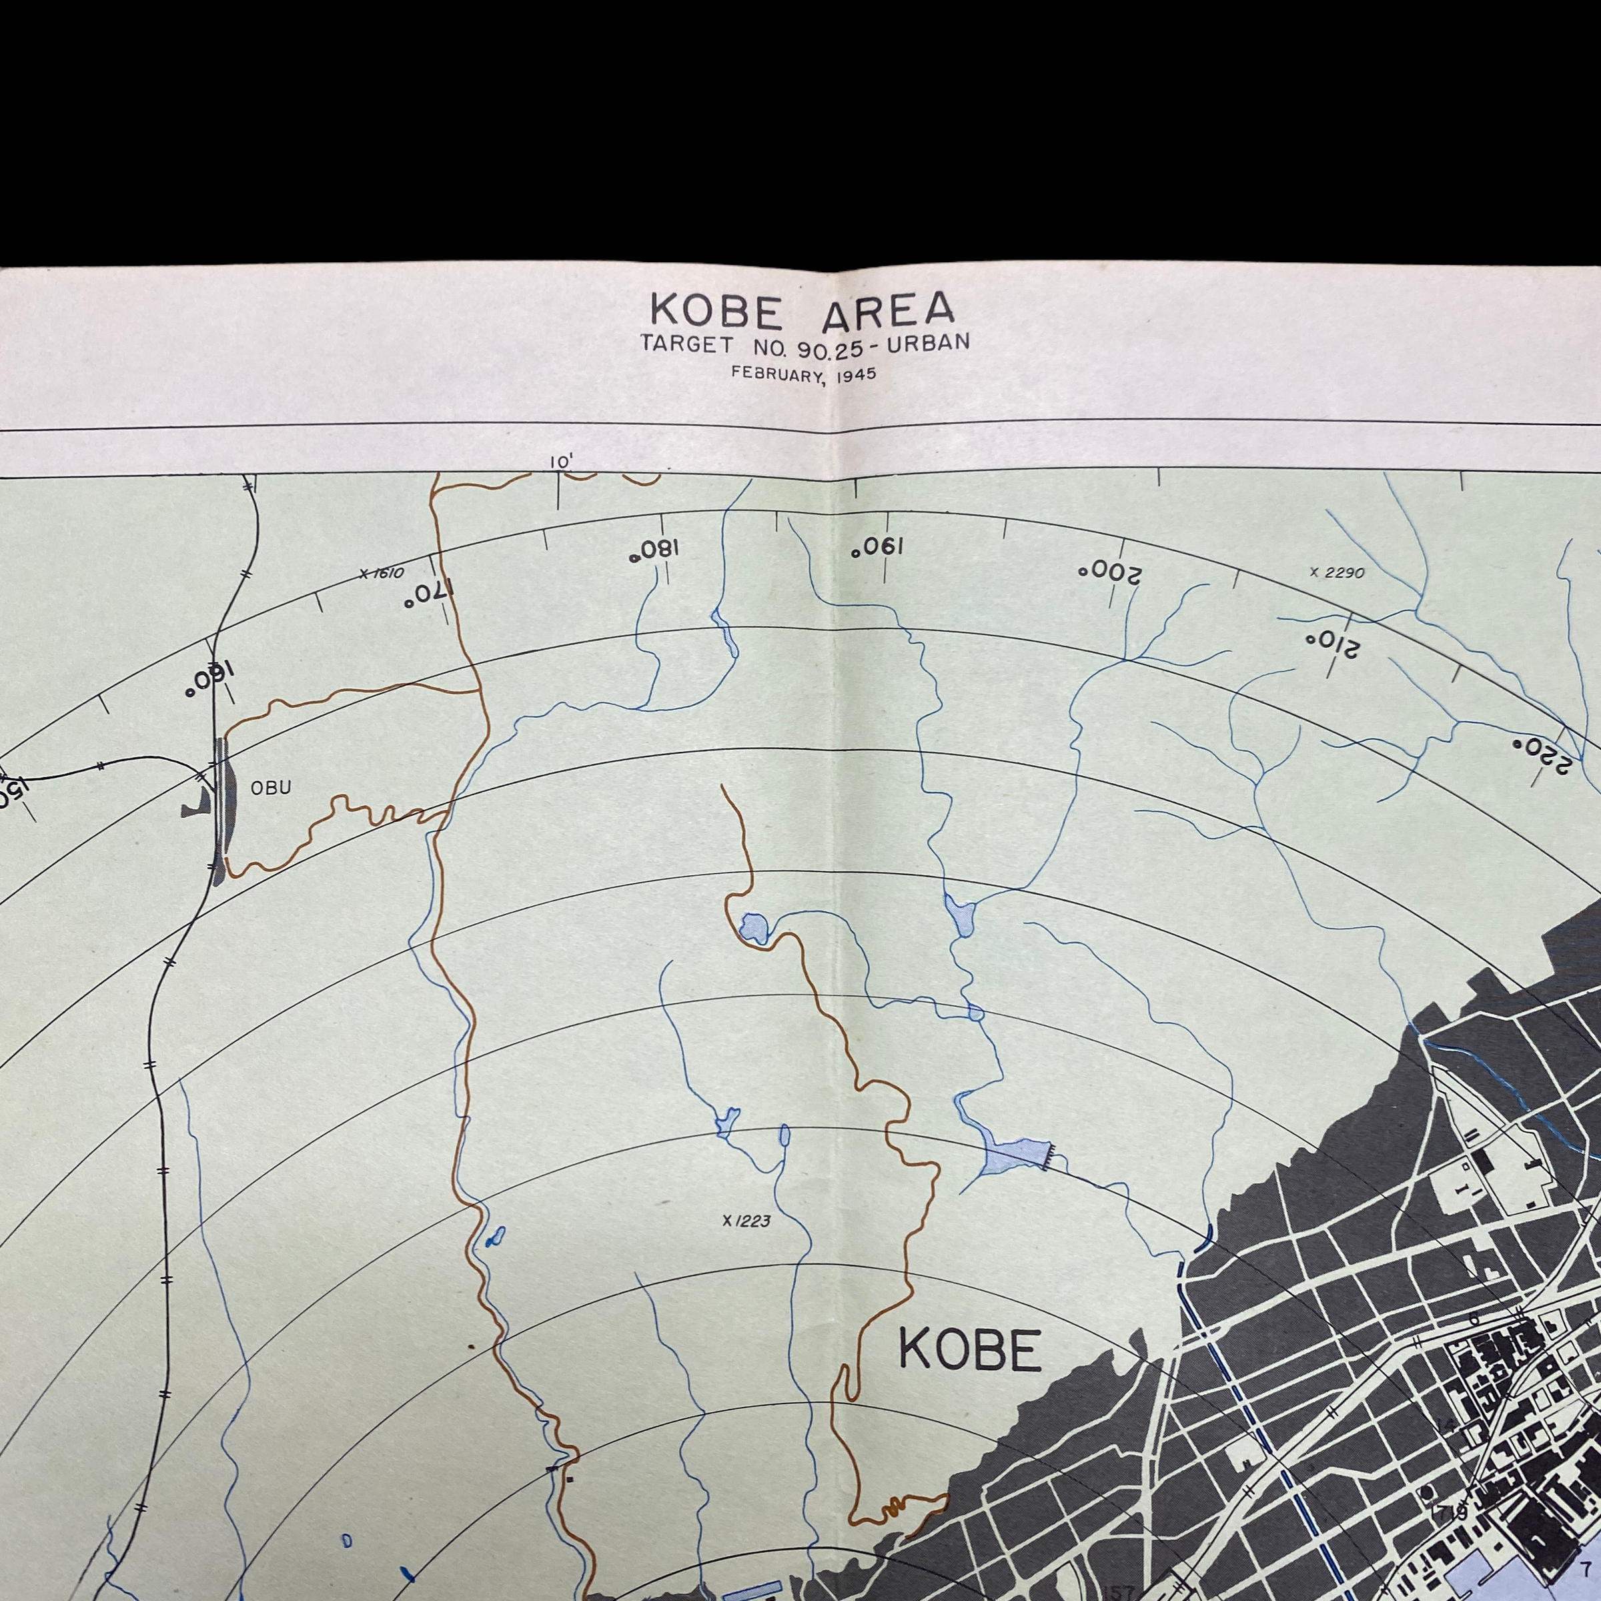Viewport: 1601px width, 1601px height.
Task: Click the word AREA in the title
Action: click(887, 310)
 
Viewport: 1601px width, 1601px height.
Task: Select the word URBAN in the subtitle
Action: click(928, 343)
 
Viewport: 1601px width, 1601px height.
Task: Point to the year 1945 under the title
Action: click(856, 374)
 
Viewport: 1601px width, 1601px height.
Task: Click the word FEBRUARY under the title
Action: click(778, 373)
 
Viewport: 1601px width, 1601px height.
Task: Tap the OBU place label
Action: click(271, 788)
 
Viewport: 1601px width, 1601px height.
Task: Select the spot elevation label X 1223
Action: click(746, 1221)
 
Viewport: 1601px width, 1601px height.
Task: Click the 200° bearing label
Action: click(1109, 572)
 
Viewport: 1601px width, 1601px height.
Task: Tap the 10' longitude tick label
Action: click(562, 462)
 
